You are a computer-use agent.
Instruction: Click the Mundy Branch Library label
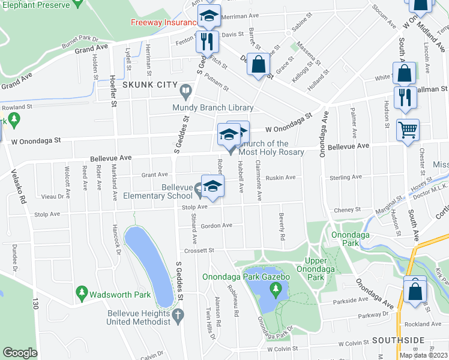(x=212, y=108)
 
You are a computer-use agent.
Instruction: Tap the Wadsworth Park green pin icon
(x=82, y=293)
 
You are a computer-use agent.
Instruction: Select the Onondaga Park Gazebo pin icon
(x=276, y=290)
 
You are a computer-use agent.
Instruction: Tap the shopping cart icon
(x=408, y=130)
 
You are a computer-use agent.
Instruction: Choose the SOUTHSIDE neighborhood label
(x=397, y=340)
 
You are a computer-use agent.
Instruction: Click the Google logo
(x=20, y=353)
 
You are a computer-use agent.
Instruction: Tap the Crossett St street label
(x=199, y=250)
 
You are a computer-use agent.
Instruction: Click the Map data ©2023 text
(x=423, y=355)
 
